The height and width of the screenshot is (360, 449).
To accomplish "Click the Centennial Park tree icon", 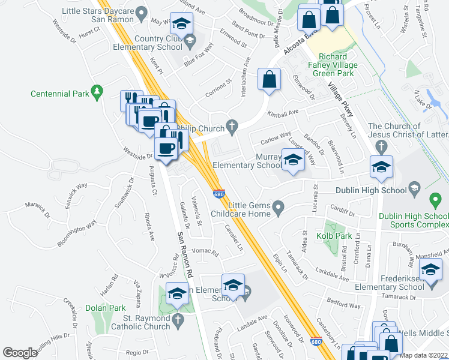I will tap(96, 91).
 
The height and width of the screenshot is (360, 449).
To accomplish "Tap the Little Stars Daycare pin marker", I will tap(142, 12).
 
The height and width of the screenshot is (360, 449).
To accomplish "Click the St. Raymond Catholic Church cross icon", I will tap(178, 320).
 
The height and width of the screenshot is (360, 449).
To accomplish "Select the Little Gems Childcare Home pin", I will tap(278, 208).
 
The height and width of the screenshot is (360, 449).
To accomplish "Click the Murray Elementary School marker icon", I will tap(292, 161).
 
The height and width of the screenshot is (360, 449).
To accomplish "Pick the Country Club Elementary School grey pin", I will tap(190, 41).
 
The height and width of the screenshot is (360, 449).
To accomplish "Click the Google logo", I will tap(20, 353).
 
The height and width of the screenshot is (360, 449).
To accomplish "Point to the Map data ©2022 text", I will tap(424, 355).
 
